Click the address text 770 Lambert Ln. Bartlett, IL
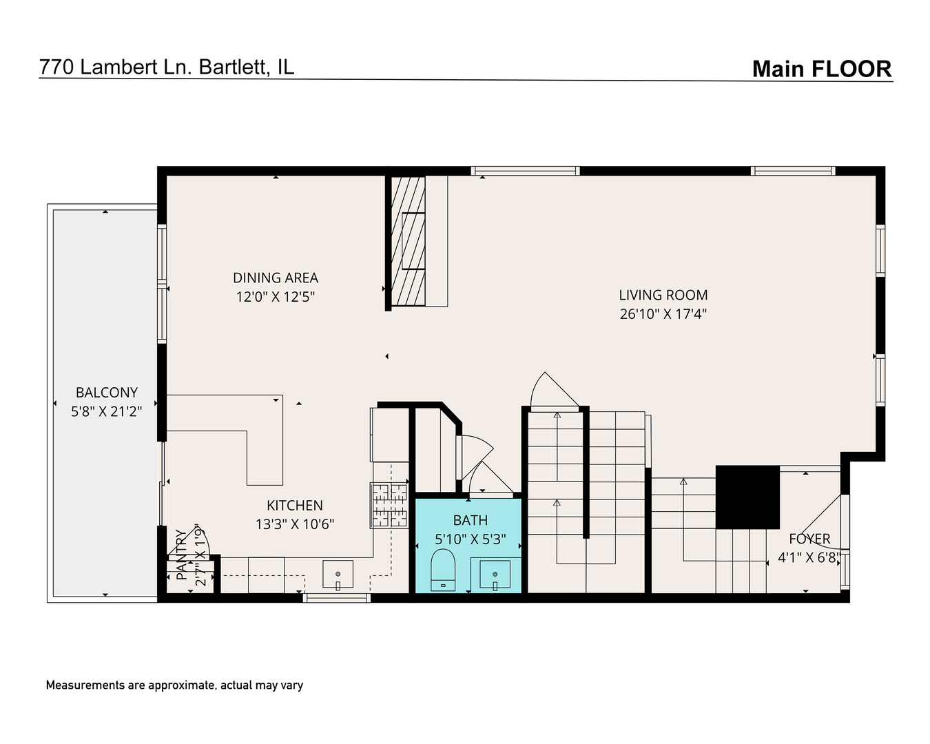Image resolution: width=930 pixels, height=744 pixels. point(167,67)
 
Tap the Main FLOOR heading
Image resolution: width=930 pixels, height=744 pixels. point(821,69)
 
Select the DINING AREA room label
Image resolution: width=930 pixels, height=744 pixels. point(275,278)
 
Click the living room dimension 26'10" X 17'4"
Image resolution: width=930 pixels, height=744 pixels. point(663,314)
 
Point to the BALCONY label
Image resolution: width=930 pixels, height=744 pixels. point(107,392)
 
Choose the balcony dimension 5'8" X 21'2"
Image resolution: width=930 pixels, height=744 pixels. point(107,412)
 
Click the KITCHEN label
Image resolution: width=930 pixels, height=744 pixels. point(294,505)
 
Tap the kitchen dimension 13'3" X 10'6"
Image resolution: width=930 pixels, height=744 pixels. point(294,524)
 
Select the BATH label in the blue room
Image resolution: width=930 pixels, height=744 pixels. point(470,520)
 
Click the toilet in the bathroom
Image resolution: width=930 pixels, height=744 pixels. point(443,570)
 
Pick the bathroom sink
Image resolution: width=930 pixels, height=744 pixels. point(495,575)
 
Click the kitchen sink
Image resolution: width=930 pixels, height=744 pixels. point(338,575)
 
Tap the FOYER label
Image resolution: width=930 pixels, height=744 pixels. point(809,539)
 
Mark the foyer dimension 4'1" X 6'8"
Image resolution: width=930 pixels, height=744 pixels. point(809,558)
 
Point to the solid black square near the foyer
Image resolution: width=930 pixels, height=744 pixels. point(747,497)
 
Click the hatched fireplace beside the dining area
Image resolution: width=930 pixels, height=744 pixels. point(408,241)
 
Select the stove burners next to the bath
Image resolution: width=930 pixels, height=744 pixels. point(390,505)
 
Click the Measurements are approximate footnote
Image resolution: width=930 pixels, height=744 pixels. point(174,685)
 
